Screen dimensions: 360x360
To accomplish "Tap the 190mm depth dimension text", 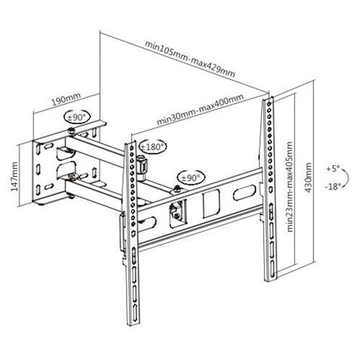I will pyautogui.click(x=60, y=98).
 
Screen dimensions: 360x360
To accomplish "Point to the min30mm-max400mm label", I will pyautogui.click(x=200, y=110).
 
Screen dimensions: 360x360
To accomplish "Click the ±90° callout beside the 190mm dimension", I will pyautogui.click(x=77, y=118).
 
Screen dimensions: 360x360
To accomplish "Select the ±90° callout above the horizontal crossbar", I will pyautogui.click(x=192, y=177).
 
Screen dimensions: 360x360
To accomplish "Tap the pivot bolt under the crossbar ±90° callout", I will pyautogui.click(x=177, y=188).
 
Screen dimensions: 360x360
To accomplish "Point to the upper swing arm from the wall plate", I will pyautogui.click(x=98, y=143).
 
